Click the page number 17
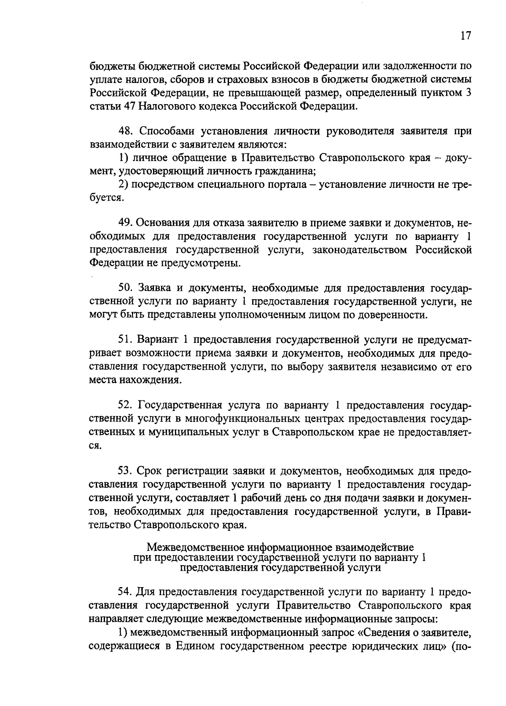pos(465,35)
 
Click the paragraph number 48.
pos(125,131)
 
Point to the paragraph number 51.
pos(125,340)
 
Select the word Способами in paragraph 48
pos(162,131)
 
